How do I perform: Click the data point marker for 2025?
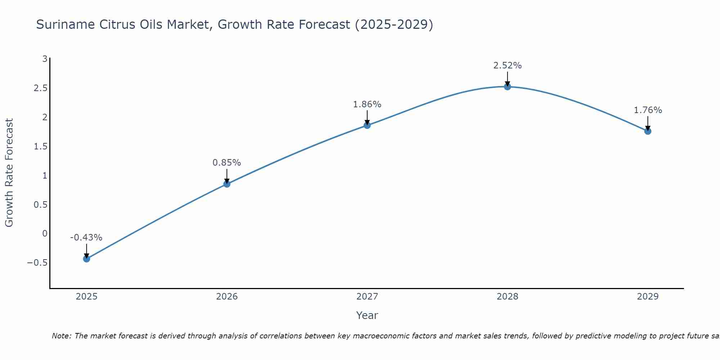[x=86, y=258]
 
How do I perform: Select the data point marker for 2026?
[x=227, y=184]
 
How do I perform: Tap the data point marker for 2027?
[x=367, y=125]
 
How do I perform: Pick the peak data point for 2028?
[x=507, y=87]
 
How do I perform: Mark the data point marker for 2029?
[x=648, y=131]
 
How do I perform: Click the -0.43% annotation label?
[x=86, y=238]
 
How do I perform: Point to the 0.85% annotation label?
[x=226, y=163]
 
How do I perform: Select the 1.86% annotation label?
[x=367, y=104]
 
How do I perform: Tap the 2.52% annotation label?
[x=507, y=66]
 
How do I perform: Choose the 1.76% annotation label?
[x=648, y=110]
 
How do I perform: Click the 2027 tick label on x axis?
[x=367, y=297]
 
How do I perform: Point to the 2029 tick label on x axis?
[x=648, y=297]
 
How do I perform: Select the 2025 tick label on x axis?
[x=87, y=297]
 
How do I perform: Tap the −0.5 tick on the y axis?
[x=37, y=263]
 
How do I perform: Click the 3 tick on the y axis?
[x=45, y=59]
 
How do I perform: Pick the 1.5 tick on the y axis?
[x=41, y=147]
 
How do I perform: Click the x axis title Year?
[x=367, y=315]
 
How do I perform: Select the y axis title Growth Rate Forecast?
[x=9, y=173]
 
